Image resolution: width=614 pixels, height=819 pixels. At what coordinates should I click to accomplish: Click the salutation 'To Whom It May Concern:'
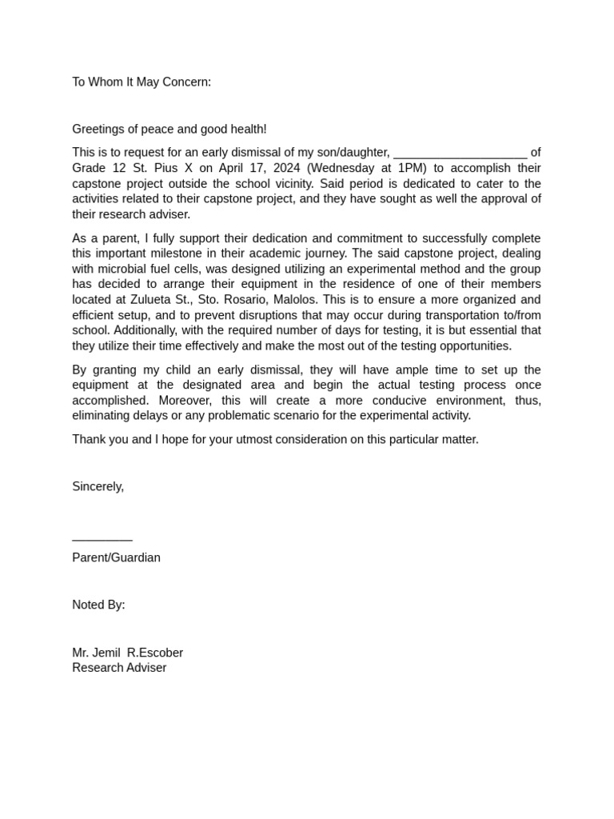click(x=142, y=82)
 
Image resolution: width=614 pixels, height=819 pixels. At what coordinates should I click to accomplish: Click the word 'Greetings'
click(x=98, y=129)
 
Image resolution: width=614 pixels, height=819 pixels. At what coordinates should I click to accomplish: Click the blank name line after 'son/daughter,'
click(x=460, y=153)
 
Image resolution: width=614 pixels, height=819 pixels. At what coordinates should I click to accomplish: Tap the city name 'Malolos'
click(x=294, y=300)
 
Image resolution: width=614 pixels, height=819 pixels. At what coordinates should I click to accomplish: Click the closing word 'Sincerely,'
click(x=98, y=486)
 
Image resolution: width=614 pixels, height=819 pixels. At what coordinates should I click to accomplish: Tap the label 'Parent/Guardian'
click(x=116, y=557)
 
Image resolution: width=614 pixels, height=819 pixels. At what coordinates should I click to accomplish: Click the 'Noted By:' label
click(x=98, y=605)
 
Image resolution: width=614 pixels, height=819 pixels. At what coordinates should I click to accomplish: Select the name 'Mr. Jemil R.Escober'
click(x=127, y=653)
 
